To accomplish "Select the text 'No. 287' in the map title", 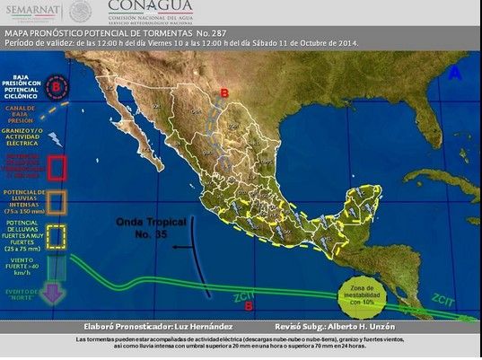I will coord(236,31).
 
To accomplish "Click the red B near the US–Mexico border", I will coord(224,92).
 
